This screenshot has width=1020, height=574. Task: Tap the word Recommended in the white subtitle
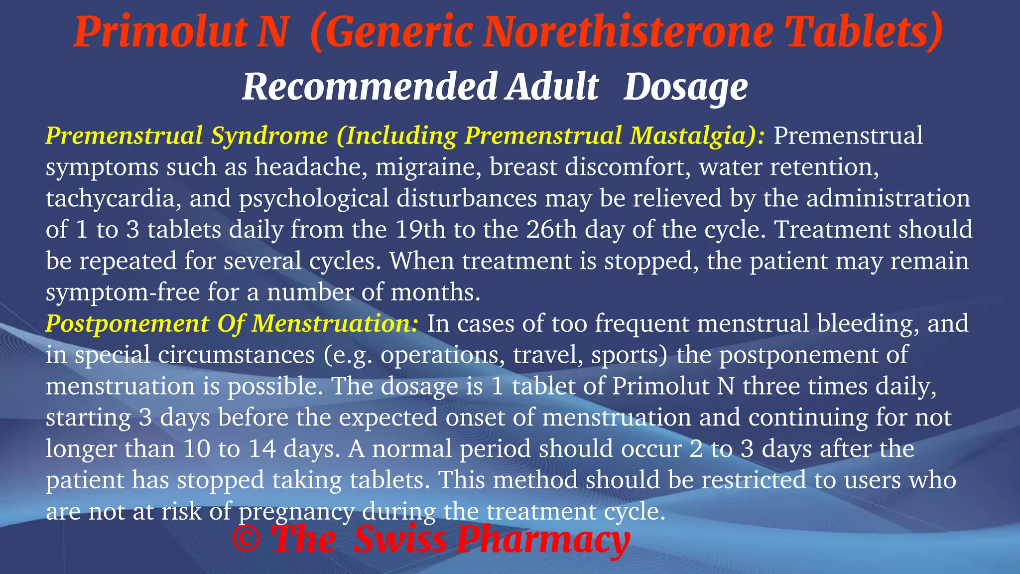pos(369,87)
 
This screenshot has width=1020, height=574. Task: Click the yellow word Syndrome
pos(269,136)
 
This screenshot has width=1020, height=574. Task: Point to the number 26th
pos(551,230)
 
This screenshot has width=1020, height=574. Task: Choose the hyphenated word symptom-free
pos(123,292)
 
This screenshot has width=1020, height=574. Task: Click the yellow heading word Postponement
pos(127,324)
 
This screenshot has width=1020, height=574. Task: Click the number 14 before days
pos(262,449)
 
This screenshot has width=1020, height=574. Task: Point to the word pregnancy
pos(297,512)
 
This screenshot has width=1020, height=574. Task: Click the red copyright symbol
pos(246,539)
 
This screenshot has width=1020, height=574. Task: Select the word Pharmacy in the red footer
pos(543,540)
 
